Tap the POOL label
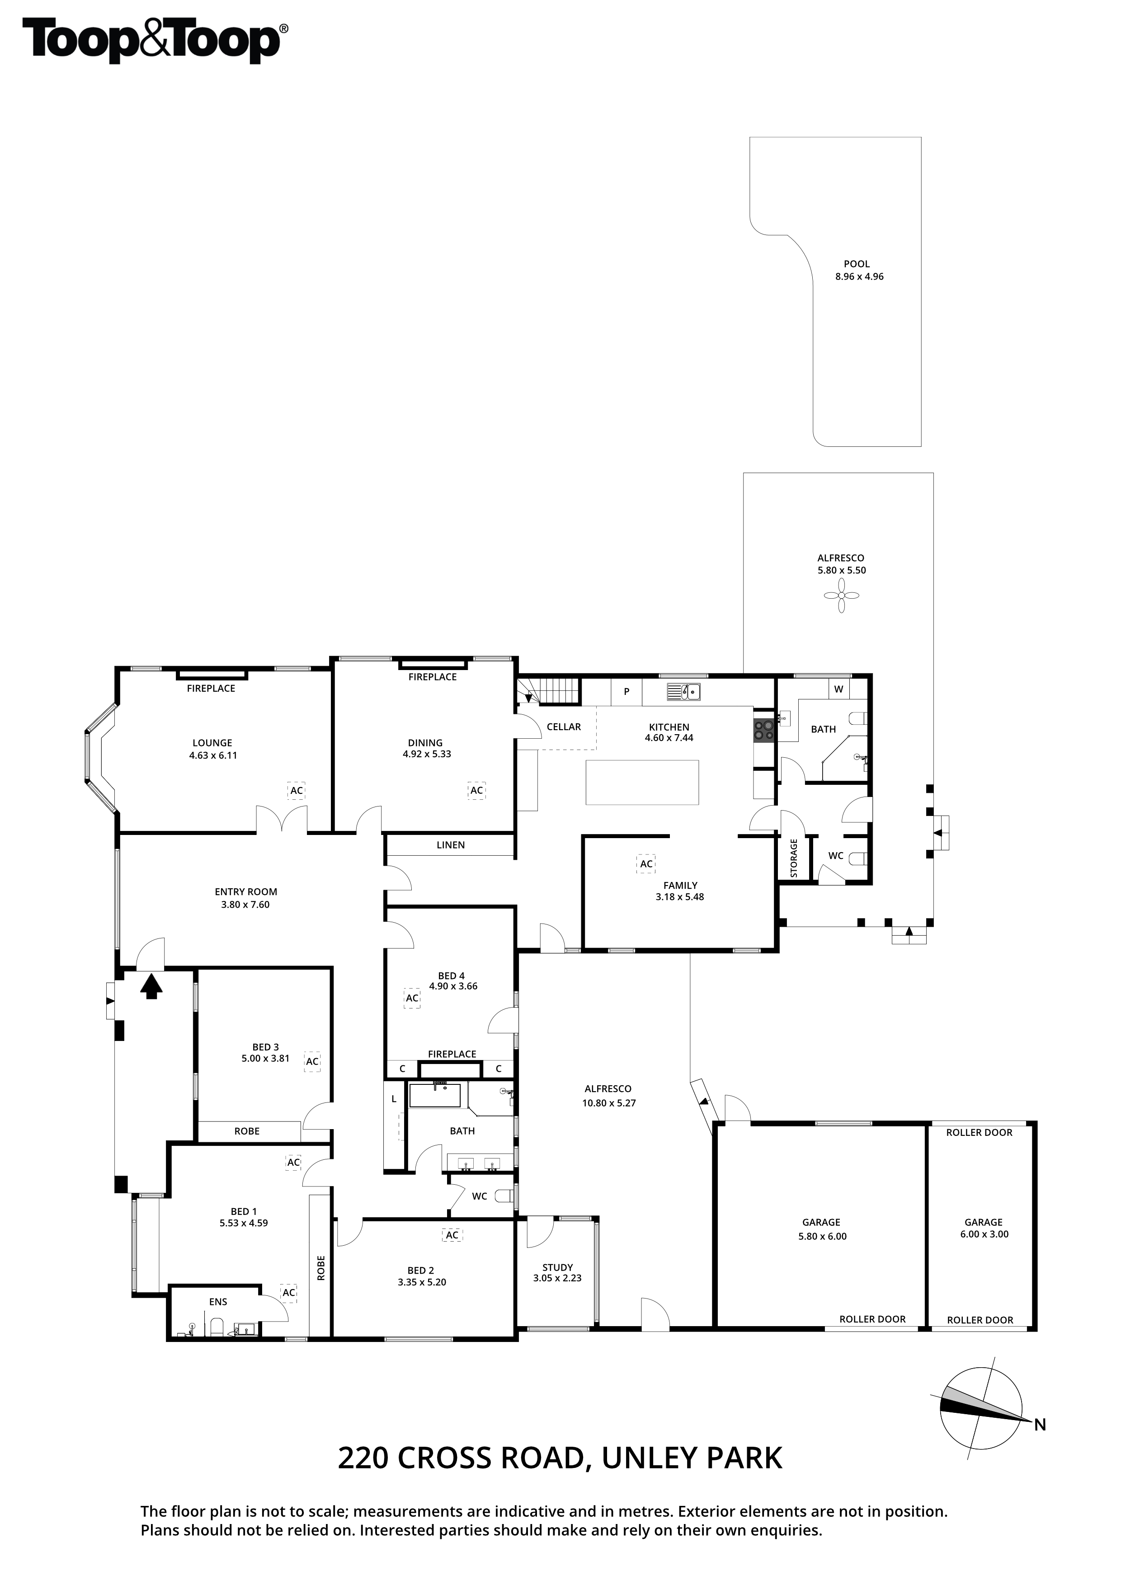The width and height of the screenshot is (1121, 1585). [857, 264]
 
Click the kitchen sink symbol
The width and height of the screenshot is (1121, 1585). [684, 691]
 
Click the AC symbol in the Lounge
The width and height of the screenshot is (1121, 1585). [297, 790]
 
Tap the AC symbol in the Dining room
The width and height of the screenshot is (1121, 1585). [476, 790]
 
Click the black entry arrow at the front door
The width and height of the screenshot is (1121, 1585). [152, 985]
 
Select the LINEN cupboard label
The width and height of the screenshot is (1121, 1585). [450, 845]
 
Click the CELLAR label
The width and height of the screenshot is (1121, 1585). [564, 727]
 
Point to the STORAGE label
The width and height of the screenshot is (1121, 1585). [794, 858]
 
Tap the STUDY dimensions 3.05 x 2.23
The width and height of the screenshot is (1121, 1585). [557, 1278]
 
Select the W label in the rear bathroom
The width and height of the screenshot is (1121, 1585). [838, 689]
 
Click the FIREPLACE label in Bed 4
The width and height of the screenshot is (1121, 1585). [452, 1054]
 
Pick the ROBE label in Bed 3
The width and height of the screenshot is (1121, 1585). [247, 1131]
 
